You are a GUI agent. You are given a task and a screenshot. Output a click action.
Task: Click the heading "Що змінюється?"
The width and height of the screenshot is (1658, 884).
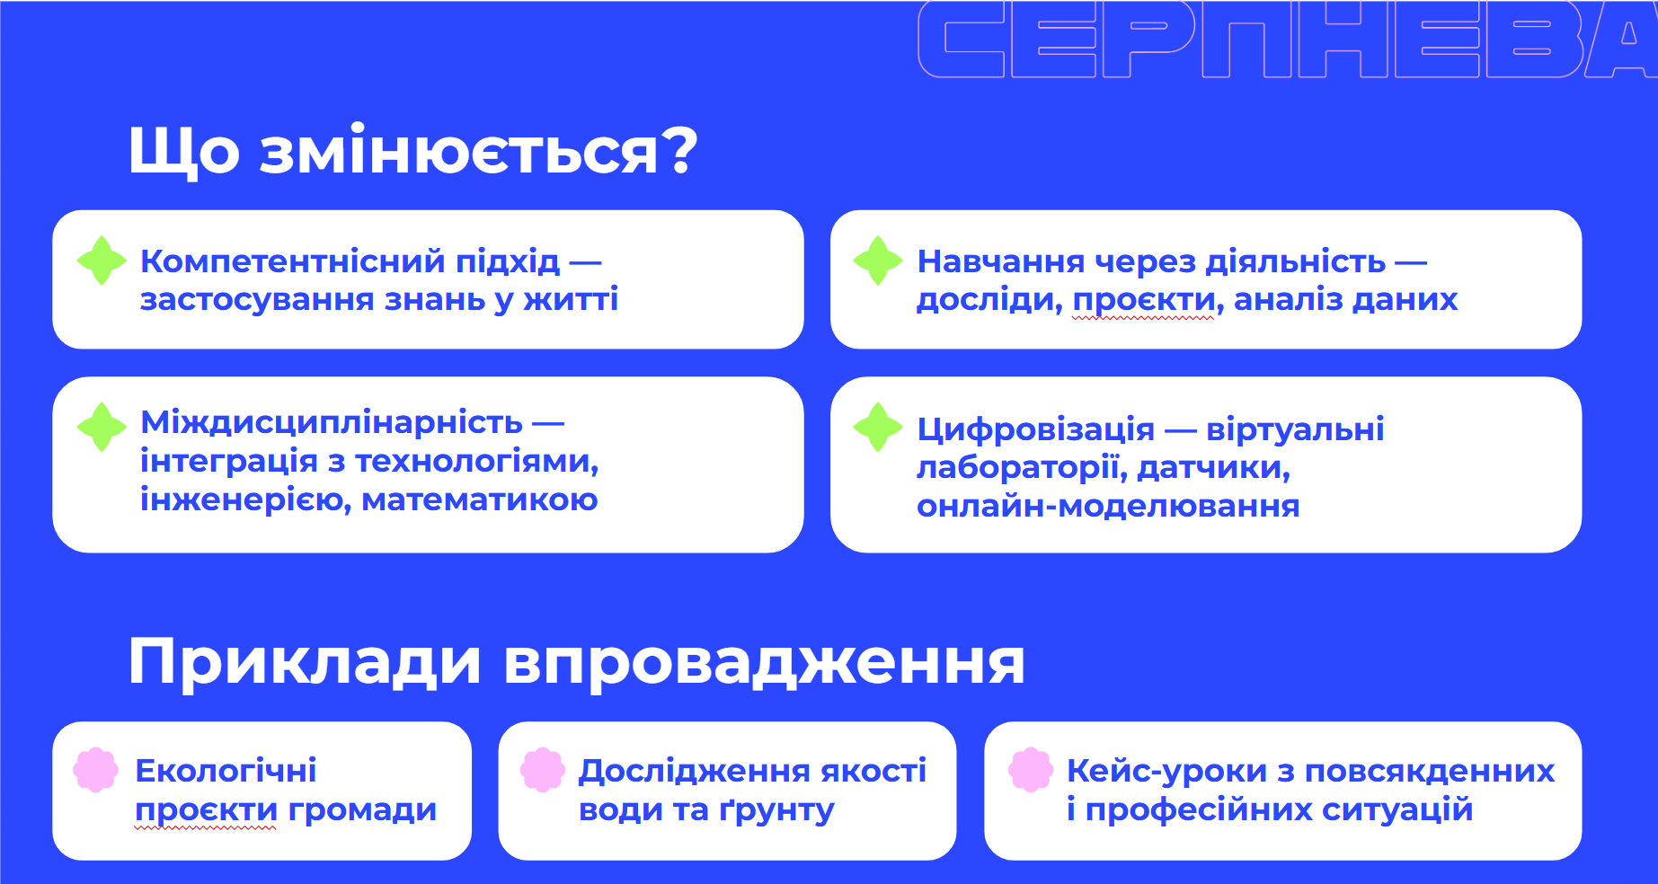click(412, 150)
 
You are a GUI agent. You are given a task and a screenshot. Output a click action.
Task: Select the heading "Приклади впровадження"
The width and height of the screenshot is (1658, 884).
click(576, 662)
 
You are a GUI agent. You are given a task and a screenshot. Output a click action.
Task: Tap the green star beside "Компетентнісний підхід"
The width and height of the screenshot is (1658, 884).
click(102, 261)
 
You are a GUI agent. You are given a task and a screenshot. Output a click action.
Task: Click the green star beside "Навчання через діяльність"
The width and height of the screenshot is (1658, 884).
click(878, 261)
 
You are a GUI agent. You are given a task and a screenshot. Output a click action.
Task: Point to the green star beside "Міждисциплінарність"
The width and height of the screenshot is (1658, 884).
click(102, 427)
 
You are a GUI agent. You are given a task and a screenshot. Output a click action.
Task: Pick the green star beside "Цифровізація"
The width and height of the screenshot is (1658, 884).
click(878, 427)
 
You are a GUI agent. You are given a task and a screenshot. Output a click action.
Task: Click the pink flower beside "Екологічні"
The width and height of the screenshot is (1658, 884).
click(96, 770)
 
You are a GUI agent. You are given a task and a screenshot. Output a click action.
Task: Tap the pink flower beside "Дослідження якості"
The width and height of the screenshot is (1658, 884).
click(543, 770)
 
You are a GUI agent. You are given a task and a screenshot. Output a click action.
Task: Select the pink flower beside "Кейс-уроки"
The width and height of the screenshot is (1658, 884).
click(1031, 770)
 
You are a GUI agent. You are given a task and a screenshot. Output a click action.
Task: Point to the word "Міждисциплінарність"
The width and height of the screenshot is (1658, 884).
click(332, 423)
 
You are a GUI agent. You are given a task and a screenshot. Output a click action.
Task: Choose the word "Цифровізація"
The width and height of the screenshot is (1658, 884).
click(1035, 430)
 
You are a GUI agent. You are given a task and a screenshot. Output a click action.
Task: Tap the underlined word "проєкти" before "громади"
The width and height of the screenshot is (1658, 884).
click(206, 811)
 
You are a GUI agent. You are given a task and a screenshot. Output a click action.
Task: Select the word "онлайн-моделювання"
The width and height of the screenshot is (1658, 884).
click(1108, 507)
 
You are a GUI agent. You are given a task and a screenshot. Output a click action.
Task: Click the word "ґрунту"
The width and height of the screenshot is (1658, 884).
click(776, 810)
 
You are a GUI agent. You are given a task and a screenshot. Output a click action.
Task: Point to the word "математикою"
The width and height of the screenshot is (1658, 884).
click(480, 499)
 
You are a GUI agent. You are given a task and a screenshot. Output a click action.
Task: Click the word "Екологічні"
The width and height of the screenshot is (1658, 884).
click(226, 771)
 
